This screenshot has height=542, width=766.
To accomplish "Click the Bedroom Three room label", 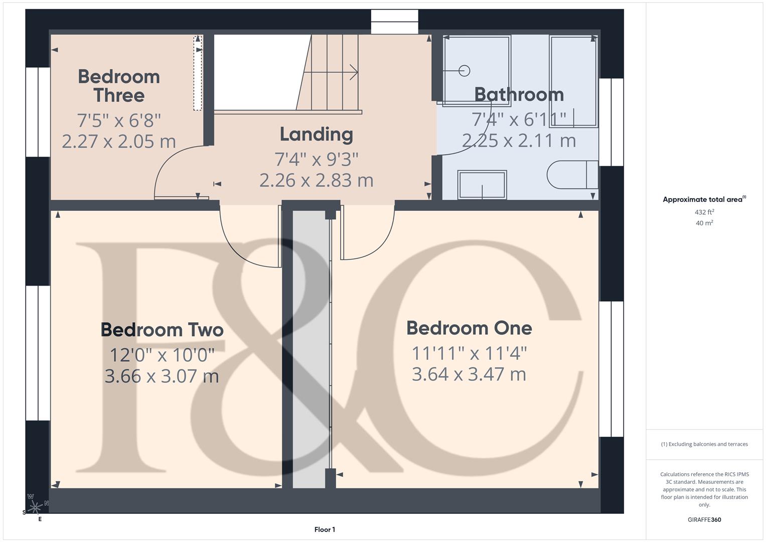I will click(x=119, y=86).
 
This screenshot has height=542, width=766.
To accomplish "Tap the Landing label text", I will click(x=316, y=134).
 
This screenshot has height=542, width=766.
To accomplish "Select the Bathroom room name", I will click(x=519, y=94).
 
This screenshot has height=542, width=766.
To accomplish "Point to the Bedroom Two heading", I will click(x=162, y=330).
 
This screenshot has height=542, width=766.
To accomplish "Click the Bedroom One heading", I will click(x=469, y=328).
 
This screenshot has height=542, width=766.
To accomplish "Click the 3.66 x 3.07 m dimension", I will click(x=162, y=376).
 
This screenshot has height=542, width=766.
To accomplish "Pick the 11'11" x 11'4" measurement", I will click(x=469, y=353).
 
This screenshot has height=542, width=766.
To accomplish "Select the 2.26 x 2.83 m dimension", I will click(x=316, y=180).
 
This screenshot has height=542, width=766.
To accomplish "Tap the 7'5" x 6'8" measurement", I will click(x=119, y=120).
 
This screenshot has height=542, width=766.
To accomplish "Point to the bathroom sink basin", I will click(x=482, y=185).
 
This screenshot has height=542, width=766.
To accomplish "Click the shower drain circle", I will click(x=464, y=71).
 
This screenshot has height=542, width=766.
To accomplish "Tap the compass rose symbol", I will click(x=35, y=507).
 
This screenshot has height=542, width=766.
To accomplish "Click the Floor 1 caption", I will click(x=325, y=529).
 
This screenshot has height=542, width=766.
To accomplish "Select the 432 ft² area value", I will click(x=704, y=212).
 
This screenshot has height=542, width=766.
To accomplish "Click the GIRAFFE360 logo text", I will click(x=704, y=519).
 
